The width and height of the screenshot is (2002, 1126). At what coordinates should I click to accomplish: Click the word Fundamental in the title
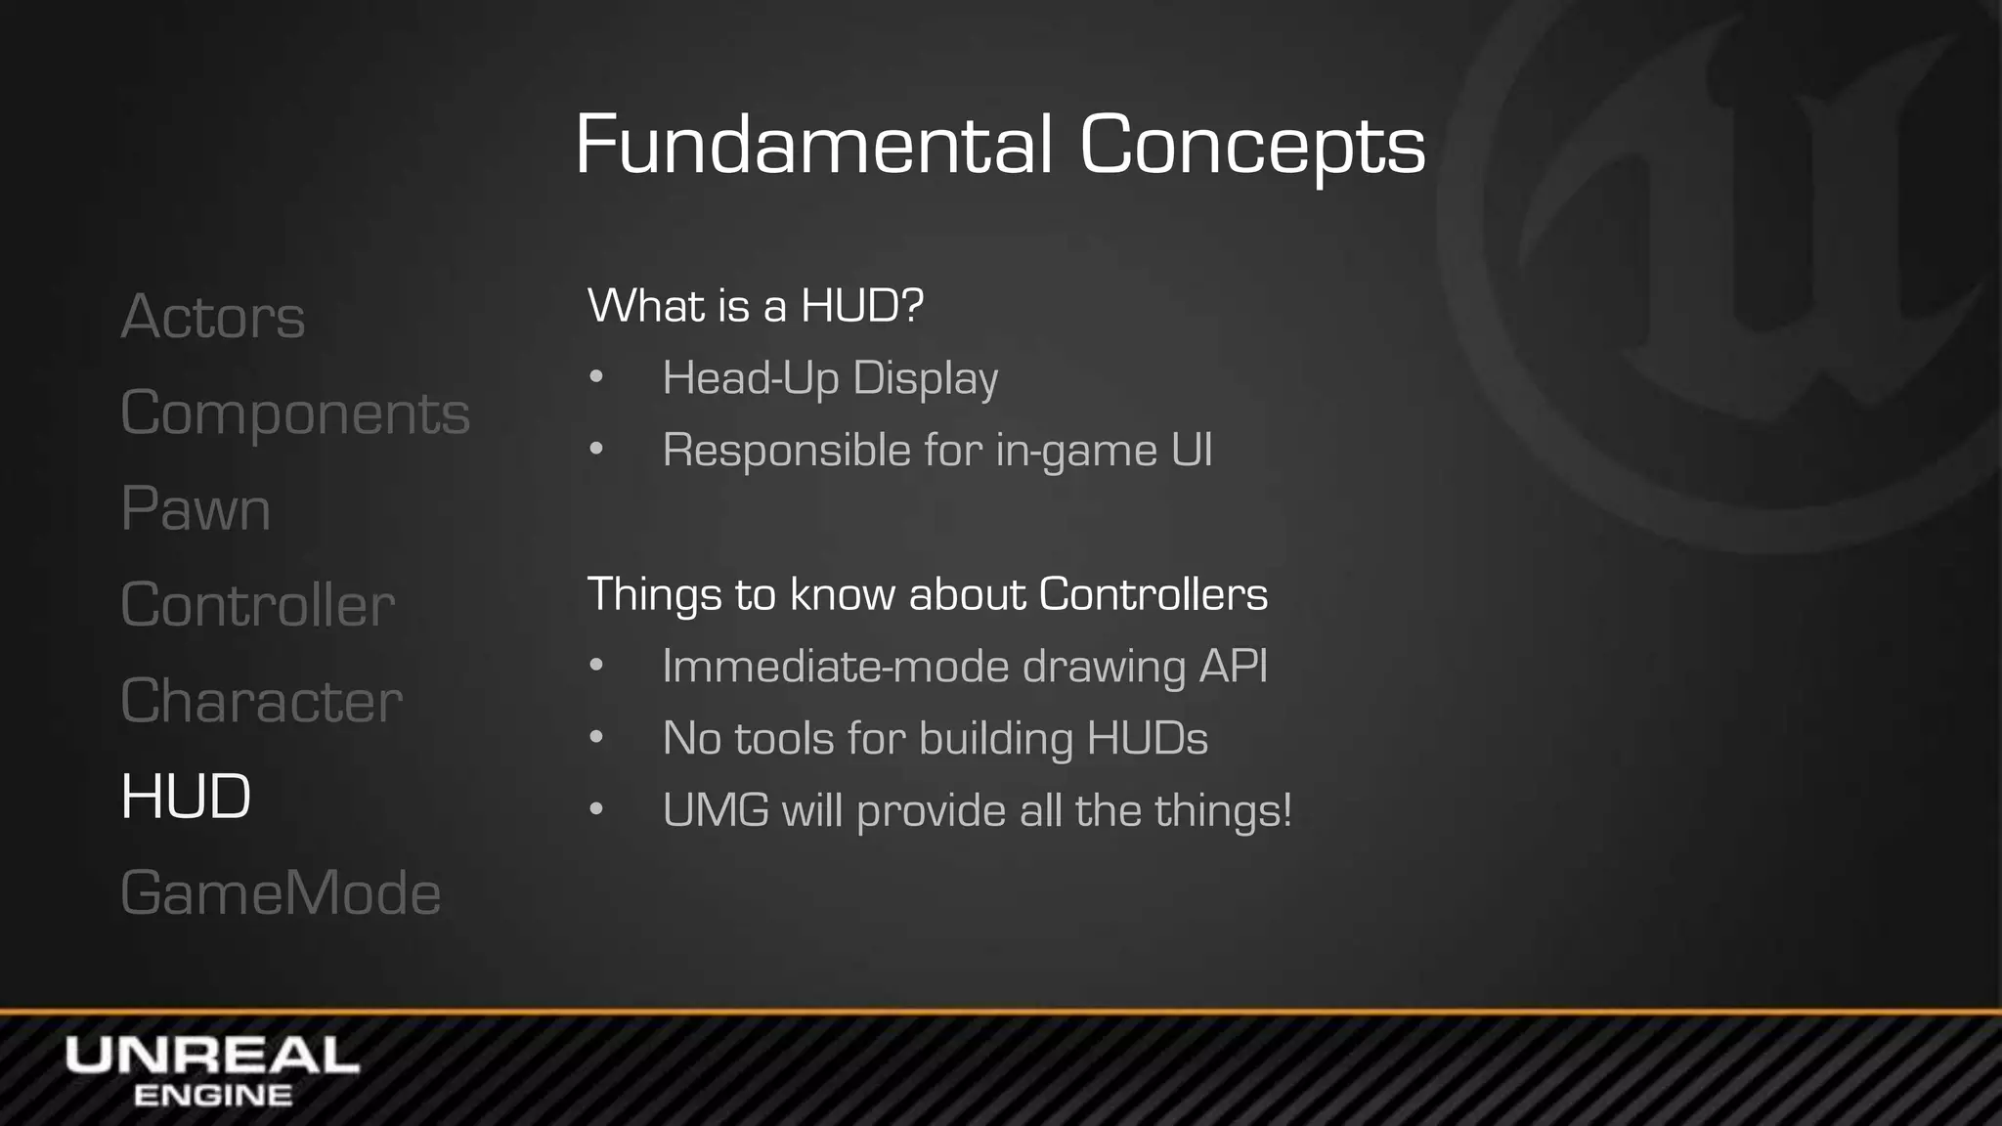[813, 145]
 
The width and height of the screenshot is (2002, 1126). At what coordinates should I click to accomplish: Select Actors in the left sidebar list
[213, 317]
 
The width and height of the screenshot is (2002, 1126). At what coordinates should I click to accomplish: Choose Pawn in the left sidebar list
[196, 509]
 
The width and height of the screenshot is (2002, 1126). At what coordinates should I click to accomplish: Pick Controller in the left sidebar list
[257, 605]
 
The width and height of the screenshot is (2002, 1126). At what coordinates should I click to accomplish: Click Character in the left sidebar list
[261, 701]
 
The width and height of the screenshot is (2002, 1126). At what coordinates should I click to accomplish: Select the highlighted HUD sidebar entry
[186, 797]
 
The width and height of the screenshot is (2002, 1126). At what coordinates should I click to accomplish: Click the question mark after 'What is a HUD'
[911, 305]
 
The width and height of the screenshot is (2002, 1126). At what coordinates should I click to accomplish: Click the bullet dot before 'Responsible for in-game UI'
[596, 450]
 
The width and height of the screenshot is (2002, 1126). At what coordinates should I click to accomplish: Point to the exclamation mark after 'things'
[1285, 809]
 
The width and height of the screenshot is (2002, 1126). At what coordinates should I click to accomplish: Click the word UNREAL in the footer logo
[212, 1056]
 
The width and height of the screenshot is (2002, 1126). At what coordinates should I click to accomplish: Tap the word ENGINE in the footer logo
[212, 1096]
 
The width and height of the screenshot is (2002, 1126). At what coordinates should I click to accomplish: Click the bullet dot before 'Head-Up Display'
[596, 377]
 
